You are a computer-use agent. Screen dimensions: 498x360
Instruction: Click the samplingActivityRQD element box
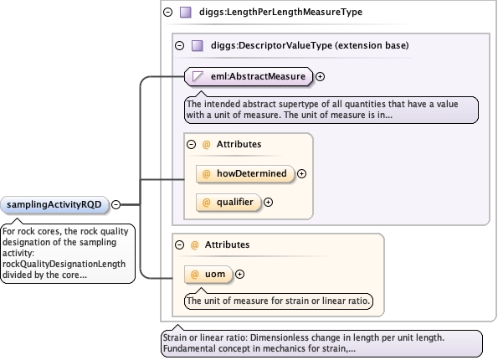pyautogui.click(x=54, y=204)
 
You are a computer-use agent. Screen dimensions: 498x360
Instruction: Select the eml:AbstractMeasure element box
pyautogui.click(x=249, y=76)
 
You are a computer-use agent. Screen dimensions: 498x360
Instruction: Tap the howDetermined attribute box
pyautogui.click(x=245, y=174)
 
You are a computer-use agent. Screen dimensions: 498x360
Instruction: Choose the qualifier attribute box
pyautogui.click(x=228, y=203)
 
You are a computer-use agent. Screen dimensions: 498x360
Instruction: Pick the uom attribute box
pyautogui.click(x=208, y=275)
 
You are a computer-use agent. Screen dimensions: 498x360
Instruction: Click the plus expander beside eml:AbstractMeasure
pyautogui.click(x=320, y=76)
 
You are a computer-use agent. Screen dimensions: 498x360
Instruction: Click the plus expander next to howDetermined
pyautogui.click(x=301, y=174)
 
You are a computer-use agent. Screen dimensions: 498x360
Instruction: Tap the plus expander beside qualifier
pyautogui.click(x=269, y=203)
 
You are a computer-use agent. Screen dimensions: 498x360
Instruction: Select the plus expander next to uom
pyautogui.click(x=239, y=275)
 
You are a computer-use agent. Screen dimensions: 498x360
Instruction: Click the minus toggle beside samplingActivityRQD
pyautogui.click(x=116, y=204)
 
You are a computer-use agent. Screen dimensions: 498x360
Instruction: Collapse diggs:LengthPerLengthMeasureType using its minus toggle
pyautogui.click(x=167, y=12)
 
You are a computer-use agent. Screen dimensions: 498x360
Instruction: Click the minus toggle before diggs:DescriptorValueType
pyautogui.click(x=179, y=45)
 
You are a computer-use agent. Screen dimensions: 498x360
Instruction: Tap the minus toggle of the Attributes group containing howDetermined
pyautogui.click(x=191, y=145)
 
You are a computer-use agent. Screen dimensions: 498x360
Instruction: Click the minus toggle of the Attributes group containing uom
pyautogui.click(x=179, y=245)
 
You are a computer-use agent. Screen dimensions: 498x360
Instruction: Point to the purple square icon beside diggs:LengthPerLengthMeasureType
pyautogui.click(x=186, y=12)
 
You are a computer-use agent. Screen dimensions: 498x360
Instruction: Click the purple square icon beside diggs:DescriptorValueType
pyautogui.click(x=198, y=45)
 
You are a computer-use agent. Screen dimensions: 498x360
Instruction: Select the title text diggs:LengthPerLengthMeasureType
pyautogui.click(x=280, y=12)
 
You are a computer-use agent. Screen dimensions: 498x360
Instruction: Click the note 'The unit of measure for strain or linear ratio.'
pyautogui.click(x=279, y=301)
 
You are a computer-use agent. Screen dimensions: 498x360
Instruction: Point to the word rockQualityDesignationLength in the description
pyautogui.click(x=64, y=264)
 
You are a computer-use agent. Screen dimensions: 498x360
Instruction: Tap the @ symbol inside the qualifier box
pyautogui.click(x=206, y=203)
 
